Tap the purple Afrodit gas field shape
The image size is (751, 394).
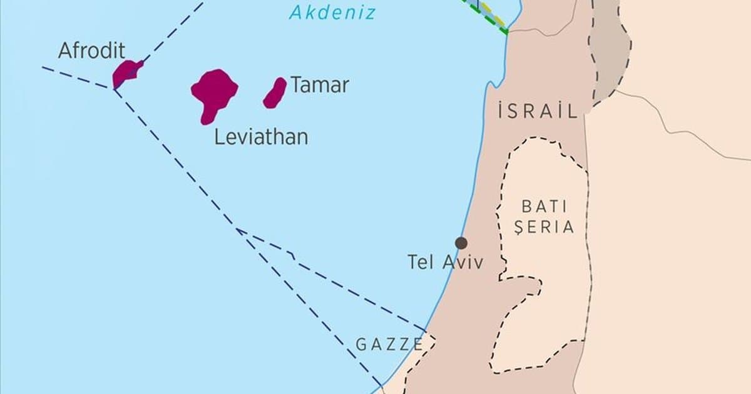click(x=125, y=73)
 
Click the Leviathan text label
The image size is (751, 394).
click(x=261, y=137)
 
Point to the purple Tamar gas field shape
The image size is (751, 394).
click(x=275, y=93)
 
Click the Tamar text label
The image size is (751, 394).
click(x=319, y=86)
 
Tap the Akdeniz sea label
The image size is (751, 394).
click(x=332, y=12)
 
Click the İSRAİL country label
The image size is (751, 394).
click(x=537, y=112)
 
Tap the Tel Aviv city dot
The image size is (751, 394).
click(x=461, y=243)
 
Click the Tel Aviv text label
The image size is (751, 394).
click(x=446, y=262)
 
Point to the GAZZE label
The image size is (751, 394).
click(x=389, y=343)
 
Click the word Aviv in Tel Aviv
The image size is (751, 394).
click(x=463, y=262)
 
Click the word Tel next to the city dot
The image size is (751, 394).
click(x=421, y=262)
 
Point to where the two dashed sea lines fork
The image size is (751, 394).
click(x=238, y=230)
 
